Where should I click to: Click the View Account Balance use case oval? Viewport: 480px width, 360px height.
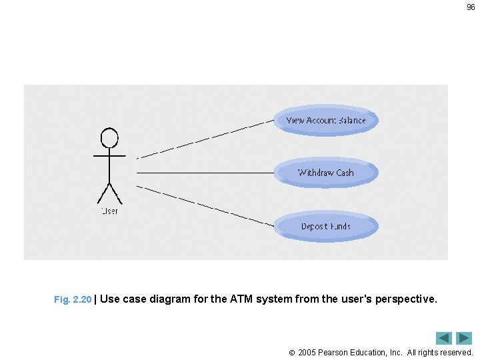(326, 121)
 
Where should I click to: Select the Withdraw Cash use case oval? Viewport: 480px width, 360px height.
(326, 173)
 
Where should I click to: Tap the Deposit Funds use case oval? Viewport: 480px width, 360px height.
(326, 226)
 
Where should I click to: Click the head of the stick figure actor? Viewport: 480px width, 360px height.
(109, 138)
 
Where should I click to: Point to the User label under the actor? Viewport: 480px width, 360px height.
(109, 211)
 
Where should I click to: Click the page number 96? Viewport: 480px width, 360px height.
(471, 7)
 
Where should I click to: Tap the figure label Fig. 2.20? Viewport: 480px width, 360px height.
(73, 300)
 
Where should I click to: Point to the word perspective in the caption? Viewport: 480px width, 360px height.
(408, 299)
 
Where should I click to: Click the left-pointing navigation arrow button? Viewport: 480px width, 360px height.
(444, 338)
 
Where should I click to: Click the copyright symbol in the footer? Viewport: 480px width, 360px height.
(292, 352)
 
